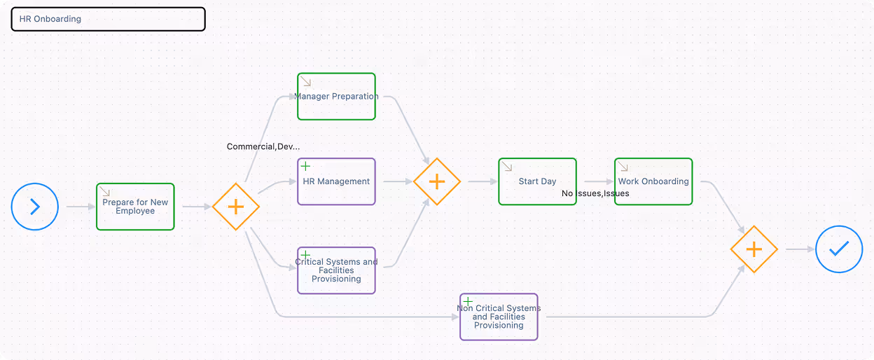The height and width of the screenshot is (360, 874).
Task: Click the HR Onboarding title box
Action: pyautogui.click(x=108, y=19)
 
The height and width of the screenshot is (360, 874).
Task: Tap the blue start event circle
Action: pyautogui.click(x=35, y=207)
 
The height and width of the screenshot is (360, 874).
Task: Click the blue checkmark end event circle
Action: pyautogui.click(x=839, y=249)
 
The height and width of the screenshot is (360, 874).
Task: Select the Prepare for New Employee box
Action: pyautogui.click(x=135, y=207)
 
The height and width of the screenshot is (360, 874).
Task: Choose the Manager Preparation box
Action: pyautogui.click(x=336, y=97)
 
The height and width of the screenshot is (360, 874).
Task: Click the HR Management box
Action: pyautogui.click(x=336, y=181)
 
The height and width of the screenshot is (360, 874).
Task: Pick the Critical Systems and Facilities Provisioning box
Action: pyautogui.click(x=336, y=270)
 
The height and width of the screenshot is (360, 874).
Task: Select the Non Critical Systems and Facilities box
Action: pyautogui.click(x=499, y=317)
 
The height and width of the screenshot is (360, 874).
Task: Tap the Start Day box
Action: pyautogui.click(x=537, y=181)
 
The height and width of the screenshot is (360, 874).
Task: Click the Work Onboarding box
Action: pyautogui.click(x=653, y=181)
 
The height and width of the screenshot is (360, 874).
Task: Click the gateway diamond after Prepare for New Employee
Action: pyautogui.click(x=236, y=207)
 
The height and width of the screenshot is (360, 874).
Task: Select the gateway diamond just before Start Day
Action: pyautogui.click(x=437, y=181)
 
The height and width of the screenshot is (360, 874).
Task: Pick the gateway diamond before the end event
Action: pyautogui.click(x=754, y=249)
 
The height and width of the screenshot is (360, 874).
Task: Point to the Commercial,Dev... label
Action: pyautogui.click(x=263, y=146)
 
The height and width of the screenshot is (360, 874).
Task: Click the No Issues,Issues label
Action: pyautogui.click(x=595, y=193)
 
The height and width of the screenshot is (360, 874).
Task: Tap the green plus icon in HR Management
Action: pyautogui.click(x=305, y=166)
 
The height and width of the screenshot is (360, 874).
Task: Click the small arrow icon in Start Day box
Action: pyautogui.click(x=506, y=166)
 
